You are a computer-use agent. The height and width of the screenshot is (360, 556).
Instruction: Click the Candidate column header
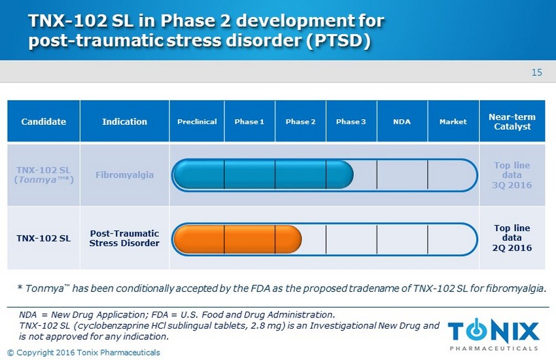(44, 122)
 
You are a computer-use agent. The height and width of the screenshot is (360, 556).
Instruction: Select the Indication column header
(124, 122)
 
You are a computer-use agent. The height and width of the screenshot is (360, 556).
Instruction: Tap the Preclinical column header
(197, 122)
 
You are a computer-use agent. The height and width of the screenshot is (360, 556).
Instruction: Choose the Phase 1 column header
(249, 122)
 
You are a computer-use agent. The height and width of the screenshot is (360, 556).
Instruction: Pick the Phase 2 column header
(300, 122)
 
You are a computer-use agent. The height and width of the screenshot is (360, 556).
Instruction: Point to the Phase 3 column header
(351, 122)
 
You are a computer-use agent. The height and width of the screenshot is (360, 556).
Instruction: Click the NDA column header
(402, 122)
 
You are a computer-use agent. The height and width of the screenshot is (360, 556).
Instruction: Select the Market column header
(453, 122)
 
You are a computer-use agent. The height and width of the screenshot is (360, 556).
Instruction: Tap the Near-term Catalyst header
(512, 122)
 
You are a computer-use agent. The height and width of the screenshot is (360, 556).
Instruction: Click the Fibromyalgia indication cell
(124, 175)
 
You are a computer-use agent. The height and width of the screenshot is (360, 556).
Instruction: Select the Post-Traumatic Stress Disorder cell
(124, 238)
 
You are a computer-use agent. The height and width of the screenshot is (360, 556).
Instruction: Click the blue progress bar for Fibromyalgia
(263, 175)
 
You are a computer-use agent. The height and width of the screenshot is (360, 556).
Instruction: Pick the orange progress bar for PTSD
(237, 239)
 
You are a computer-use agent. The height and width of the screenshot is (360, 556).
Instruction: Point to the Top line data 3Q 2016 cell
(512, 175)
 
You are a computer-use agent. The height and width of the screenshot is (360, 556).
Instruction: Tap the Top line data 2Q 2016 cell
(512, 238)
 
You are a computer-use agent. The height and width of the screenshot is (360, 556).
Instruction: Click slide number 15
(537, 73)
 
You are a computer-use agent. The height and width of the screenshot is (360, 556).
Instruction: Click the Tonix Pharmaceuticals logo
(494, 334)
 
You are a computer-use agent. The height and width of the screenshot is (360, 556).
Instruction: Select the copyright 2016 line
(84, 353)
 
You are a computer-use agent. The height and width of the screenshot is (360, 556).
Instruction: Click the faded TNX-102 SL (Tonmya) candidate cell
(44, 175)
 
